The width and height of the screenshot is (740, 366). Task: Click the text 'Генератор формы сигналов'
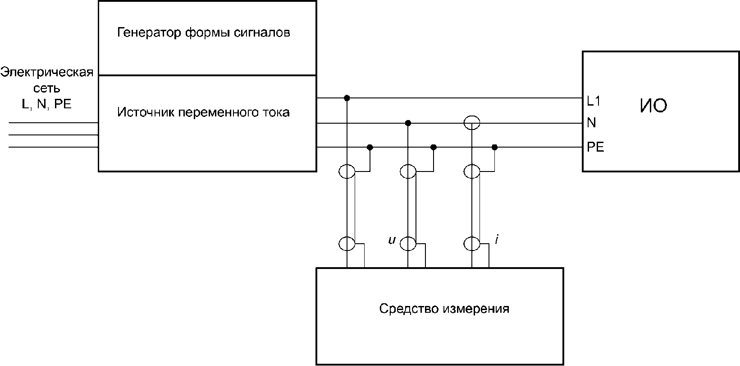203,33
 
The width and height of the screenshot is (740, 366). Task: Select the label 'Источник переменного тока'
203,112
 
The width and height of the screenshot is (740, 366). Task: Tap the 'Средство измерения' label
444,309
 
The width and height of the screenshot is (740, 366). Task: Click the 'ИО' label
653,106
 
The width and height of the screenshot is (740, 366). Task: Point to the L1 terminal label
594,102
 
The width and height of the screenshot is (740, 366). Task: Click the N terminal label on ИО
591,123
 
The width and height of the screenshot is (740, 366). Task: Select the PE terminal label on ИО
595,147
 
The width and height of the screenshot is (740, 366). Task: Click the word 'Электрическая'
47,73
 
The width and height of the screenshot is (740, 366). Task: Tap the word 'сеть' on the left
47,88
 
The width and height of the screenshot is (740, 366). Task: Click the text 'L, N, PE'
47,104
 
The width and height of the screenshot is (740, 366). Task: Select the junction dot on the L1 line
347,98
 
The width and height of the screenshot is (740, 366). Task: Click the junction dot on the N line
407,123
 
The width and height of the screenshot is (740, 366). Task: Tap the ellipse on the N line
472,122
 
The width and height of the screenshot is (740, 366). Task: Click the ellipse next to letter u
408,244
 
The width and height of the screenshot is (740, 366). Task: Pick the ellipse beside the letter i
472,244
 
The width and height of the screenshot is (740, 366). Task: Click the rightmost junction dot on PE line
494,147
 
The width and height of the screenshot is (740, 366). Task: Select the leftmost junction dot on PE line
370,147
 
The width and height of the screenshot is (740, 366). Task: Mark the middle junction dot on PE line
434,147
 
